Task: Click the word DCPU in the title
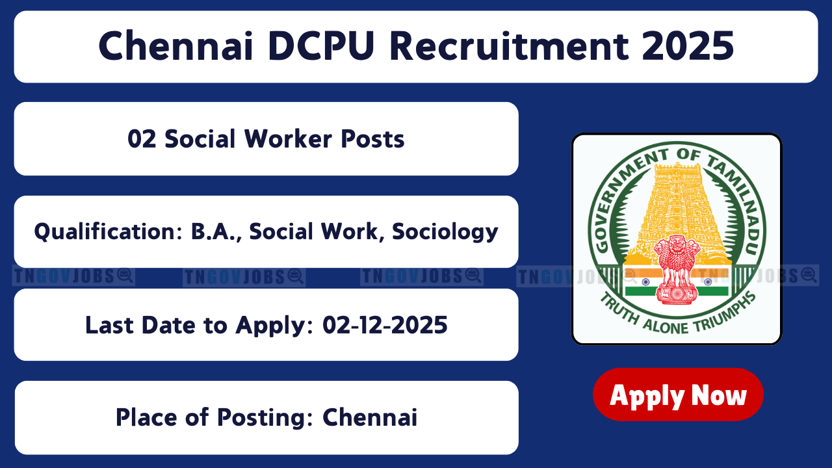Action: coord(321,46)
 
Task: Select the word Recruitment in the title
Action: coord(509,46)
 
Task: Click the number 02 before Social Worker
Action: coord(142,139)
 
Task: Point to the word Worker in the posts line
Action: coord(288,139)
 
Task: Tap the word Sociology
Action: coord(445,232)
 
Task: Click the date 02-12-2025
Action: coord(385,325)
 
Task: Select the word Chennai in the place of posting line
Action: coord(370,417)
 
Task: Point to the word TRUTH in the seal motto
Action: coord(619,307)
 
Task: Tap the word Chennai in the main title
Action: coord(175,46)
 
